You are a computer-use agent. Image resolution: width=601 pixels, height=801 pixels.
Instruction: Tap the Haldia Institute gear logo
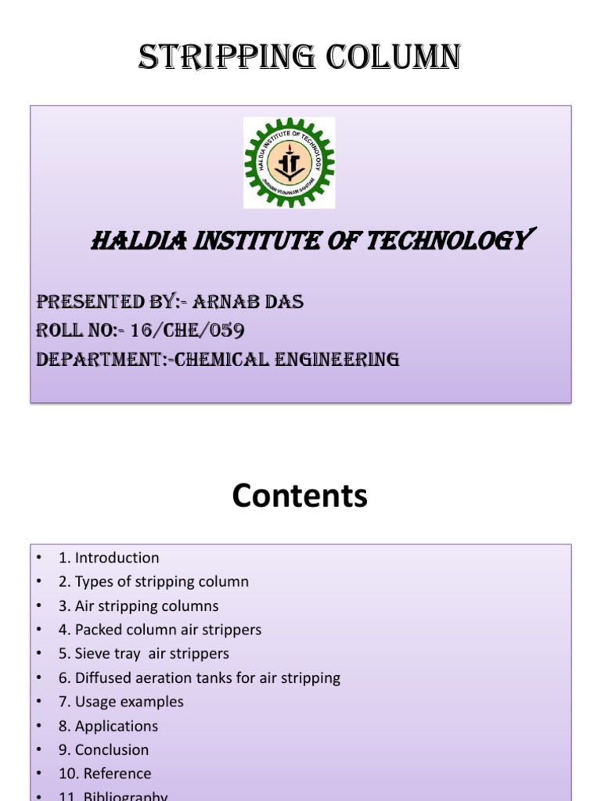click(x=289, y=163)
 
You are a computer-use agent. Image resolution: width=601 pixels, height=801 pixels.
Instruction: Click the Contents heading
click(x=300, y=496)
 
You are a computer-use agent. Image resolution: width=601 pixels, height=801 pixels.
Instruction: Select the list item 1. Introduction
click(x=109, y=558)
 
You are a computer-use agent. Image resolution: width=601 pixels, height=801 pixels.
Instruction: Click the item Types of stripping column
click(x=153, y=582)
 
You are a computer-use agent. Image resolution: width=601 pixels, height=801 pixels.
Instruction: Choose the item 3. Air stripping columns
click(x=139, y=606)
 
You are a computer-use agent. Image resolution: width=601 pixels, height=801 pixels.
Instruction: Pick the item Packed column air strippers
click(x=160, y=630)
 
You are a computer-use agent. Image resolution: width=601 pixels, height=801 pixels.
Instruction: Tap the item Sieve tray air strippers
click(x=144, y=654)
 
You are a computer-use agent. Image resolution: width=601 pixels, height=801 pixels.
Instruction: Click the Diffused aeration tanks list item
click(x=199, y=678)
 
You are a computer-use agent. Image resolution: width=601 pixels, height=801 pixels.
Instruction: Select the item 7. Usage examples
click(x=121, y=702)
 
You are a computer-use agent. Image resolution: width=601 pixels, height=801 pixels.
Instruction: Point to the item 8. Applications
click(x=108, y=726)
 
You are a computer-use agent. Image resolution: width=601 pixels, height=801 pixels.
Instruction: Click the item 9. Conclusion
click(x=103, y=749)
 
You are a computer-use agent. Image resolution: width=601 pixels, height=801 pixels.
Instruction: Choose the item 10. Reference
click(x=105, y=774)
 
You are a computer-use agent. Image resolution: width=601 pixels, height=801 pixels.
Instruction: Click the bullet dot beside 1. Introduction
click(x=38, y=558)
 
